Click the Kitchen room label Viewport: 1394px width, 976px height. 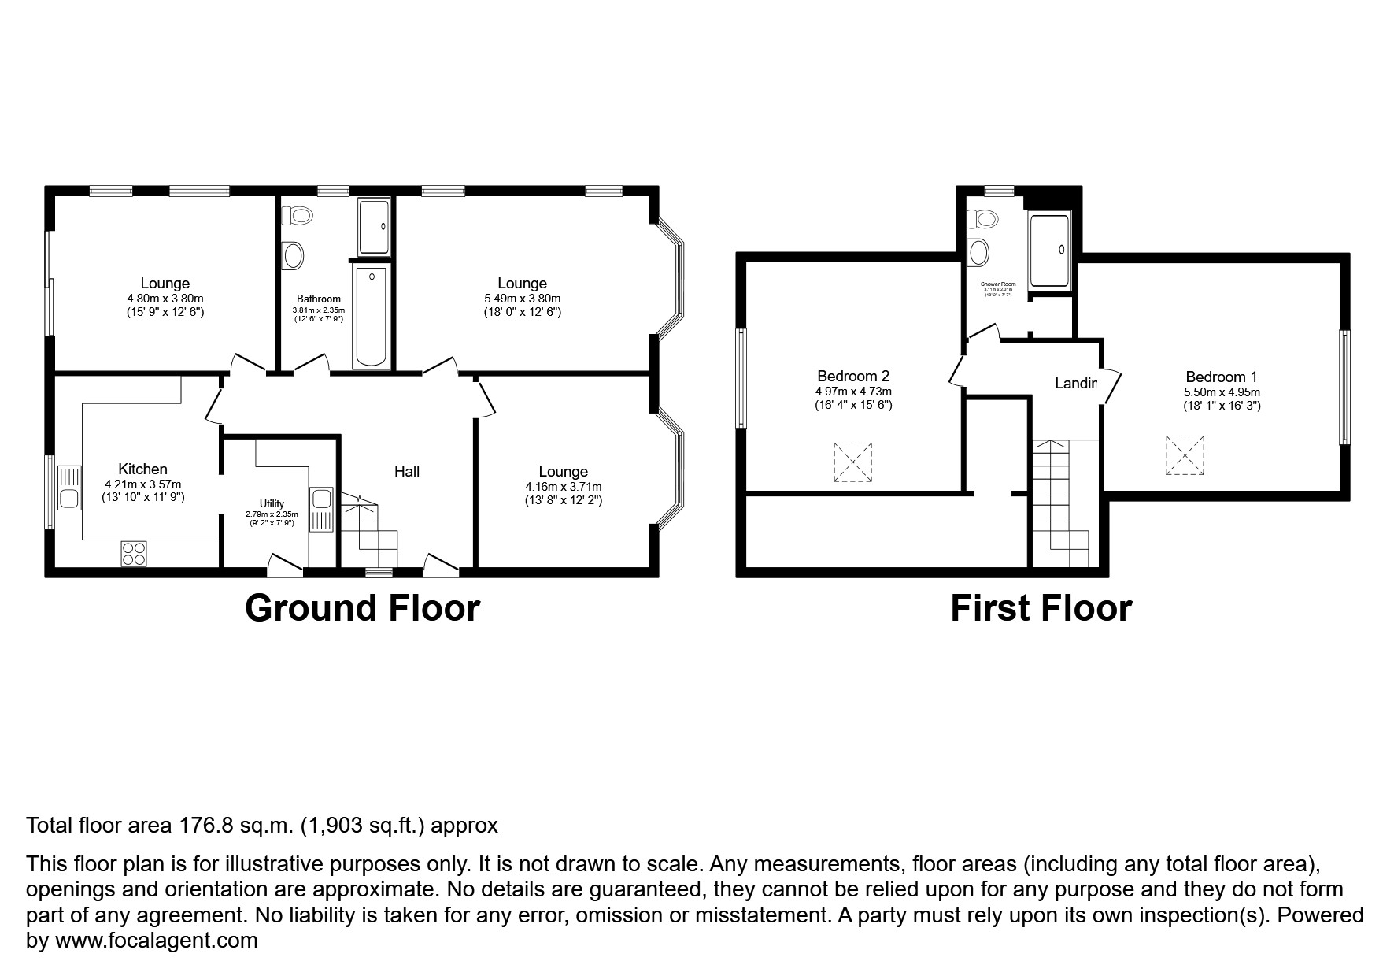tap(142, 469)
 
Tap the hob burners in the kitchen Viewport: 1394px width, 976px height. tap(134, 553)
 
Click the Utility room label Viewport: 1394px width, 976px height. tap(272, 503)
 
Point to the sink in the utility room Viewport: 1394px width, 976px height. tap(321, 499)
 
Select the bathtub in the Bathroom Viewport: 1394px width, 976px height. tap(370, 317)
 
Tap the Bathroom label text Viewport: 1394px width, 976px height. tap(319, 299)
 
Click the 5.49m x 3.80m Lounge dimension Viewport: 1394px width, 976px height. tap(522, 299)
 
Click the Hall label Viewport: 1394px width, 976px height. tap(407, 471)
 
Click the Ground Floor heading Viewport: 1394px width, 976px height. tap(362, 608)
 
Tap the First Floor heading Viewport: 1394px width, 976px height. tap(1041, 608)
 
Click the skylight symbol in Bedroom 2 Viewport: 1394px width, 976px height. tap(852, 462)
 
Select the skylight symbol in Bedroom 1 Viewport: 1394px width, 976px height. tap(1185, 455)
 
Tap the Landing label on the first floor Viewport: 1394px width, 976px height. tap(1076, 384)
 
